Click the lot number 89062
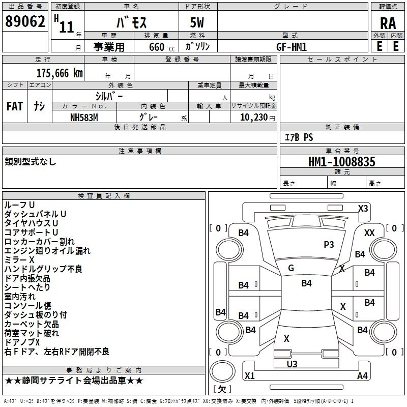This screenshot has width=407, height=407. [24, 22]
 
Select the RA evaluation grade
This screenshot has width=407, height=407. [388, 23]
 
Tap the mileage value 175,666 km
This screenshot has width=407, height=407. [60, 73]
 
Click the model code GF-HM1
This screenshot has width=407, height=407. [292, 46]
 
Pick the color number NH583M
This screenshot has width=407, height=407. [85, 117]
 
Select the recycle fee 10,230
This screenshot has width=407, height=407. [249, 117]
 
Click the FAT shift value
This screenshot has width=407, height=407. [14, 106]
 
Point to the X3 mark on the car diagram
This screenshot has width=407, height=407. [363, 208]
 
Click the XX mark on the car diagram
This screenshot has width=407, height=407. [370, 232]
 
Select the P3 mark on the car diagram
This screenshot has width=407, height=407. [329, 245]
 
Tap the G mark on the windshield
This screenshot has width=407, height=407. [291, 268]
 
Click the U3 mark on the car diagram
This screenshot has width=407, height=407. [292, 364]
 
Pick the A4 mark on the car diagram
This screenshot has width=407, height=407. [362, 376]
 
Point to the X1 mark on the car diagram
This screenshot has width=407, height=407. [250, 376]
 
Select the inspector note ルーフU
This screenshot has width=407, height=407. [20, 205]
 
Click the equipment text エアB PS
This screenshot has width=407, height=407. [299, 137]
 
